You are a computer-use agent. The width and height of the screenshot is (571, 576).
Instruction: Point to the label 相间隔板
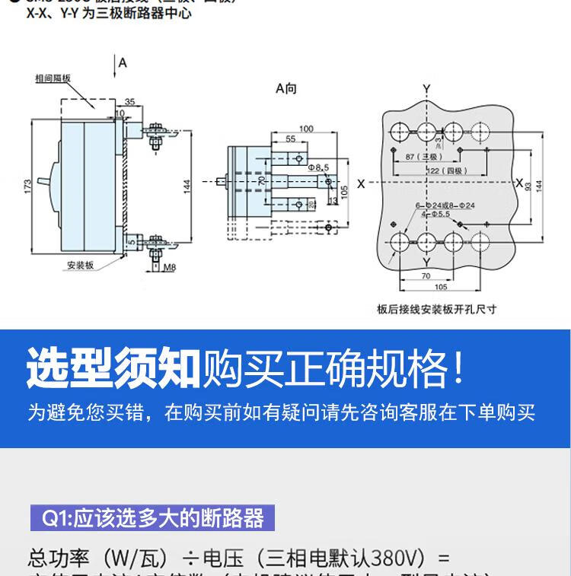click(53, 78)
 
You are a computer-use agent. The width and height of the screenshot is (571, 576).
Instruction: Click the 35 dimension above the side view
click(129, 101)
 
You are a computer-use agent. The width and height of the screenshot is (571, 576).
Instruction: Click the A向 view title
click(286, 89)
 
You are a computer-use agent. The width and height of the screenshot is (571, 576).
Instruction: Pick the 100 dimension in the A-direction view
click(306, 129)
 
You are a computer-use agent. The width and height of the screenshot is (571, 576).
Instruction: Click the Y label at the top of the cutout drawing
click(426, 89)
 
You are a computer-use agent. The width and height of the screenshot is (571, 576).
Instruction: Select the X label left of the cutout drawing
click(361, 183)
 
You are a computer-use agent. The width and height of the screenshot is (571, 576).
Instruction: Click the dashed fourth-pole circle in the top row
click(480, 128)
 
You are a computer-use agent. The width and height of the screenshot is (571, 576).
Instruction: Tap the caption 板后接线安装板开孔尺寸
click(436, 309)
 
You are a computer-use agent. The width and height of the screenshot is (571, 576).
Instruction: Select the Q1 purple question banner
click(152, 519)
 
